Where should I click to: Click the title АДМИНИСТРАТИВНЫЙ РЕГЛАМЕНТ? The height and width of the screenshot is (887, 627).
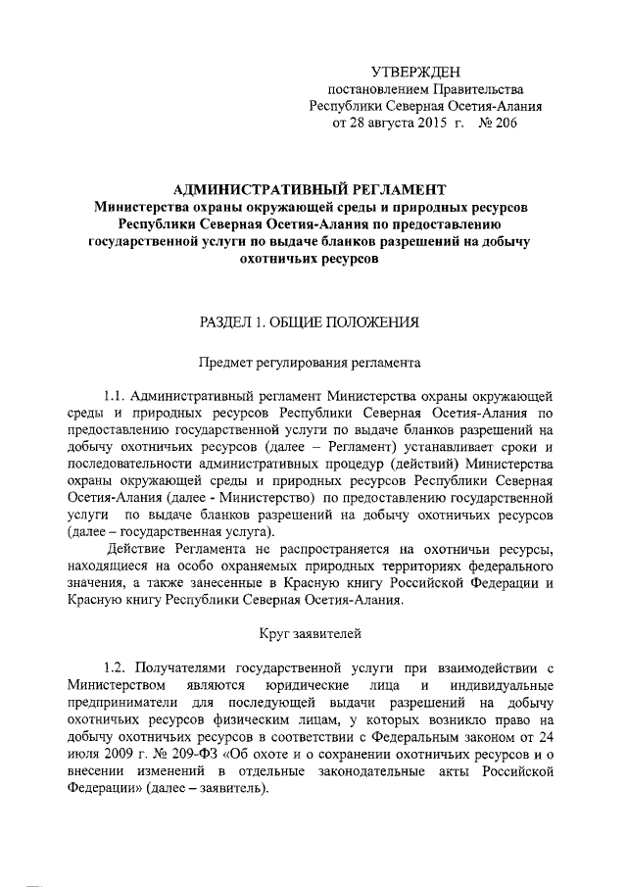(309, 188)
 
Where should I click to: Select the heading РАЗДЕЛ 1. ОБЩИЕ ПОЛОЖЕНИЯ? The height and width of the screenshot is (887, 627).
(310, 320)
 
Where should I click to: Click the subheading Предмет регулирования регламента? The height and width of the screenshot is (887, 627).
(311, 363)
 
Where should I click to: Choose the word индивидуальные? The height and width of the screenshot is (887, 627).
(508, 684)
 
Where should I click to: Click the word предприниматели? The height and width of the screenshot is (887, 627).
(121, 702)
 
